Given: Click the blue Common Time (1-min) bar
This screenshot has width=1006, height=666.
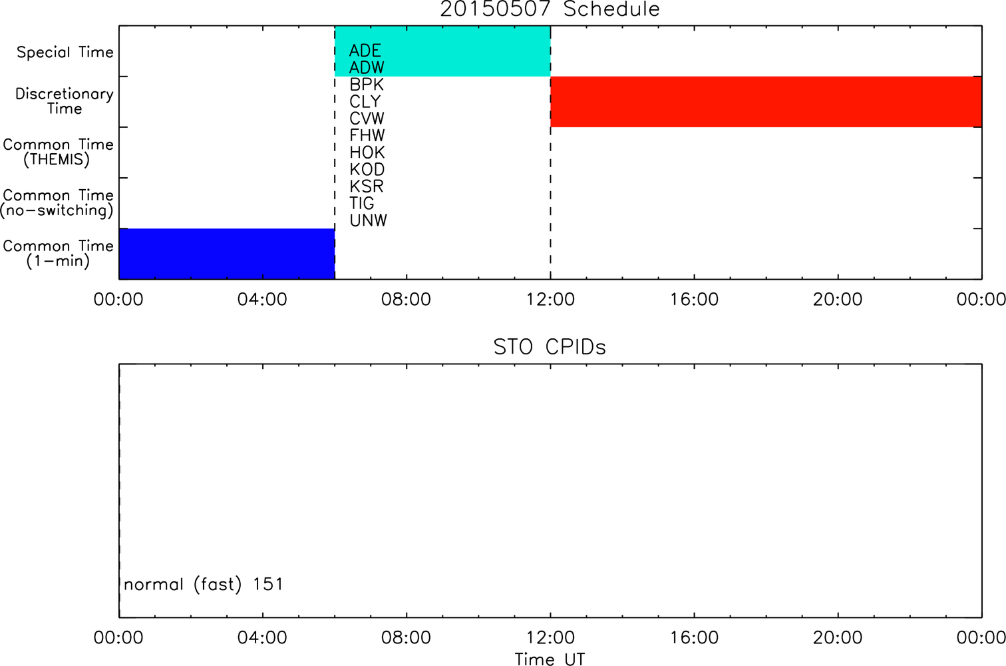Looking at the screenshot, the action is (227, 254).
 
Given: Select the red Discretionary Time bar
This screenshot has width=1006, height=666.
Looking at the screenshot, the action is (766, 102).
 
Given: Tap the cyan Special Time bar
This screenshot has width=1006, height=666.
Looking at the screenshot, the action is (442, 51).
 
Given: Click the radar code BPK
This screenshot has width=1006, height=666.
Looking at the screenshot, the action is (367, 85).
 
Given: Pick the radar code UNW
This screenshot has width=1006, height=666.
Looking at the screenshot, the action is (369, 220).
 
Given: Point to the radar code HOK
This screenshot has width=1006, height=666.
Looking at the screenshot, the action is (367, 153).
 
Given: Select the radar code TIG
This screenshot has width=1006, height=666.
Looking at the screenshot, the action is (361, 203).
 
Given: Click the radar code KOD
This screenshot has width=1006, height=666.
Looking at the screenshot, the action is (367, 170).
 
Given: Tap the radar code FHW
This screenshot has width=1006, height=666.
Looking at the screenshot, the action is (367, 135).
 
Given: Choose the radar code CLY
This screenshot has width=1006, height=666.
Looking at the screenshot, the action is (365, 102).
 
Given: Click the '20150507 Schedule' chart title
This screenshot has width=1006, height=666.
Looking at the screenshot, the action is (550, 9).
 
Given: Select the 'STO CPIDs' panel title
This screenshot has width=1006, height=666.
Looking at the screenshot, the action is (550, 347).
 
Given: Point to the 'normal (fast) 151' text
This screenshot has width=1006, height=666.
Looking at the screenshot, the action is (204, 584).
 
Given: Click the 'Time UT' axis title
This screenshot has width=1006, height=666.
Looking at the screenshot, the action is (550, 659).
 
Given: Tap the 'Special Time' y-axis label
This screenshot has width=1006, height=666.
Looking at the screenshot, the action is (65, 52).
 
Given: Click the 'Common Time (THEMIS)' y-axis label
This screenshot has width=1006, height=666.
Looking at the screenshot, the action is (58, 152).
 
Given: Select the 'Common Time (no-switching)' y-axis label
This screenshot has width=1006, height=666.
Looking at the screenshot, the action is (57, 203).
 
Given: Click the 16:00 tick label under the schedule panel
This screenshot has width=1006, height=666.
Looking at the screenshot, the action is (695, 300).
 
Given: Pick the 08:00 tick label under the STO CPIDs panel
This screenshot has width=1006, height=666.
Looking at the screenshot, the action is (407, 637).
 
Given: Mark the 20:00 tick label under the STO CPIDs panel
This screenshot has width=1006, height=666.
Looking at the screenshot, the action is (838, 637).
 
